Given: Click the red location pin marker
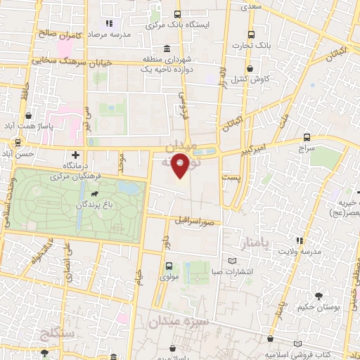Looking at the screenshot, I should [181, 165].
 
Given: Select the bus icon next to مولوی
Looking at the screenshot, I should [169, 266].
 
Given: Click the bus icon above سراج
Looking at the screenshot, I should [306, 137].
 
